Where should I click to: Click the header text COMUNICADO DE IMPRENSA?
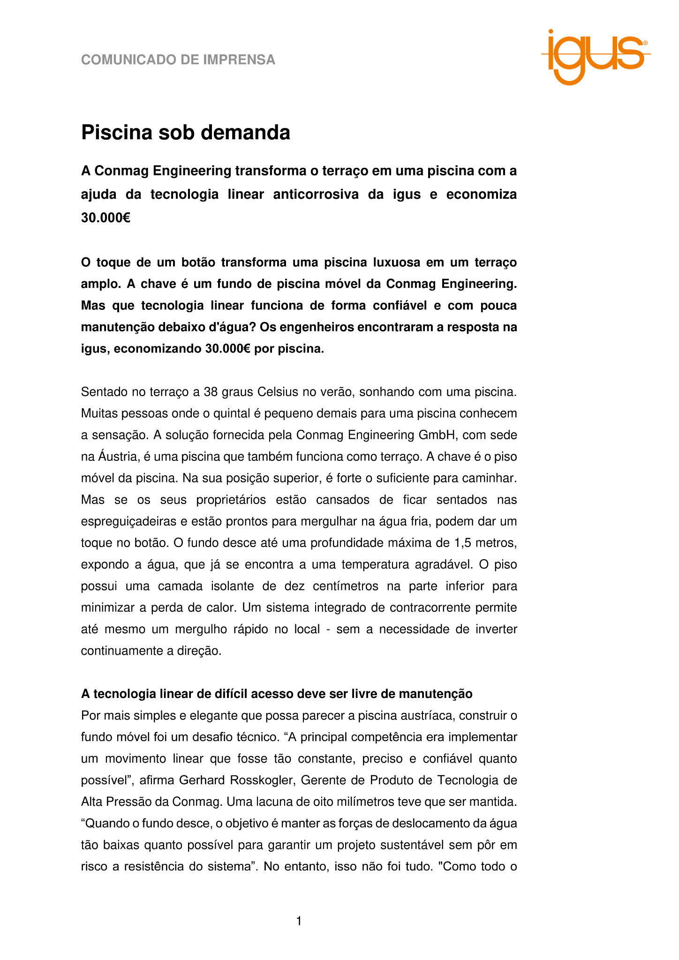coord(178,60)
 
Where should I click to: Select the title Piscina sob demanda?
coord(186,133)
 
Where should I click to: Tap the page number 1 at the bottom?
coord(299,922)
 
